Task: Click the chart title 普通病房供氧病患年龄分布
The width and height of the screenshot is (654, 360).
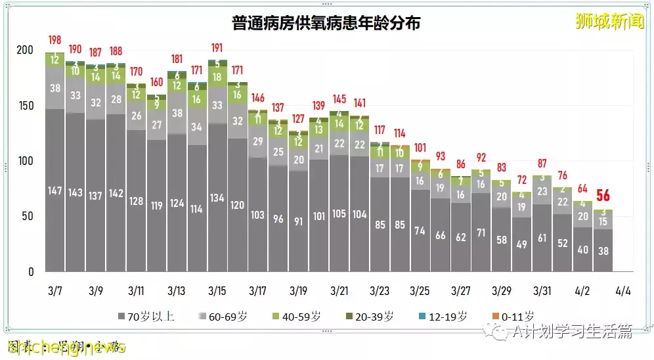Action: (x=326, y=23)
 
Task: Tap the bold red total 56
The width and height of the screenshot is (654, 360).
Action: (x=602, y=196)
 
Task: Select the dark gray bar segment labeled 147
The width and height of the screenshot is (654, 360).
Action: (x=55, y=191)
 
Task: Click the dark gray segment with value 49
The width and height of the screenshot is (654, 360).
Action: (x=522, y=244)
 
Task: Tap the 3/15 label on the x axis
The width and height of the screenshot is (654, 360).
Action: (x=217, y=290)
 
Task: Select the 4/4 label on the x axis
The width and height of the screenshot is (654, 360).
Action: (x=623, y=290)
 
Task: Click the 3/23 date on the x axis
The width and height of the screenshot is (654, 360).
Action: (x=379, y=290)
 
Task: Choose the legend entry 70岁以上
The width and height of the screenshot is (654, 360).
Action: (x=145, y=317)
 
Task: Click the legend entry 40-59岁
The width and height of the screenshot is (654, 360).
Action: (x=294, y=317)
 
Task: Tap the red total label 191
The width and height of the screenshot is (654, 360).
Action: (x=217, y=48)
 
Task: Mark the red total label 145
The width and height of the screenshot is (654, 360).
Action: (x=339, y=99)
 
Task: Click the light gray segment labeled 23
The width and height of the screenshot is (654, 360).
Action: (x=542, y=192)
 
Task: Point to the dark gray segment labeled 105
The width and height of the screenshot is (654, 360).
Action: (x=339, y=214)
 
